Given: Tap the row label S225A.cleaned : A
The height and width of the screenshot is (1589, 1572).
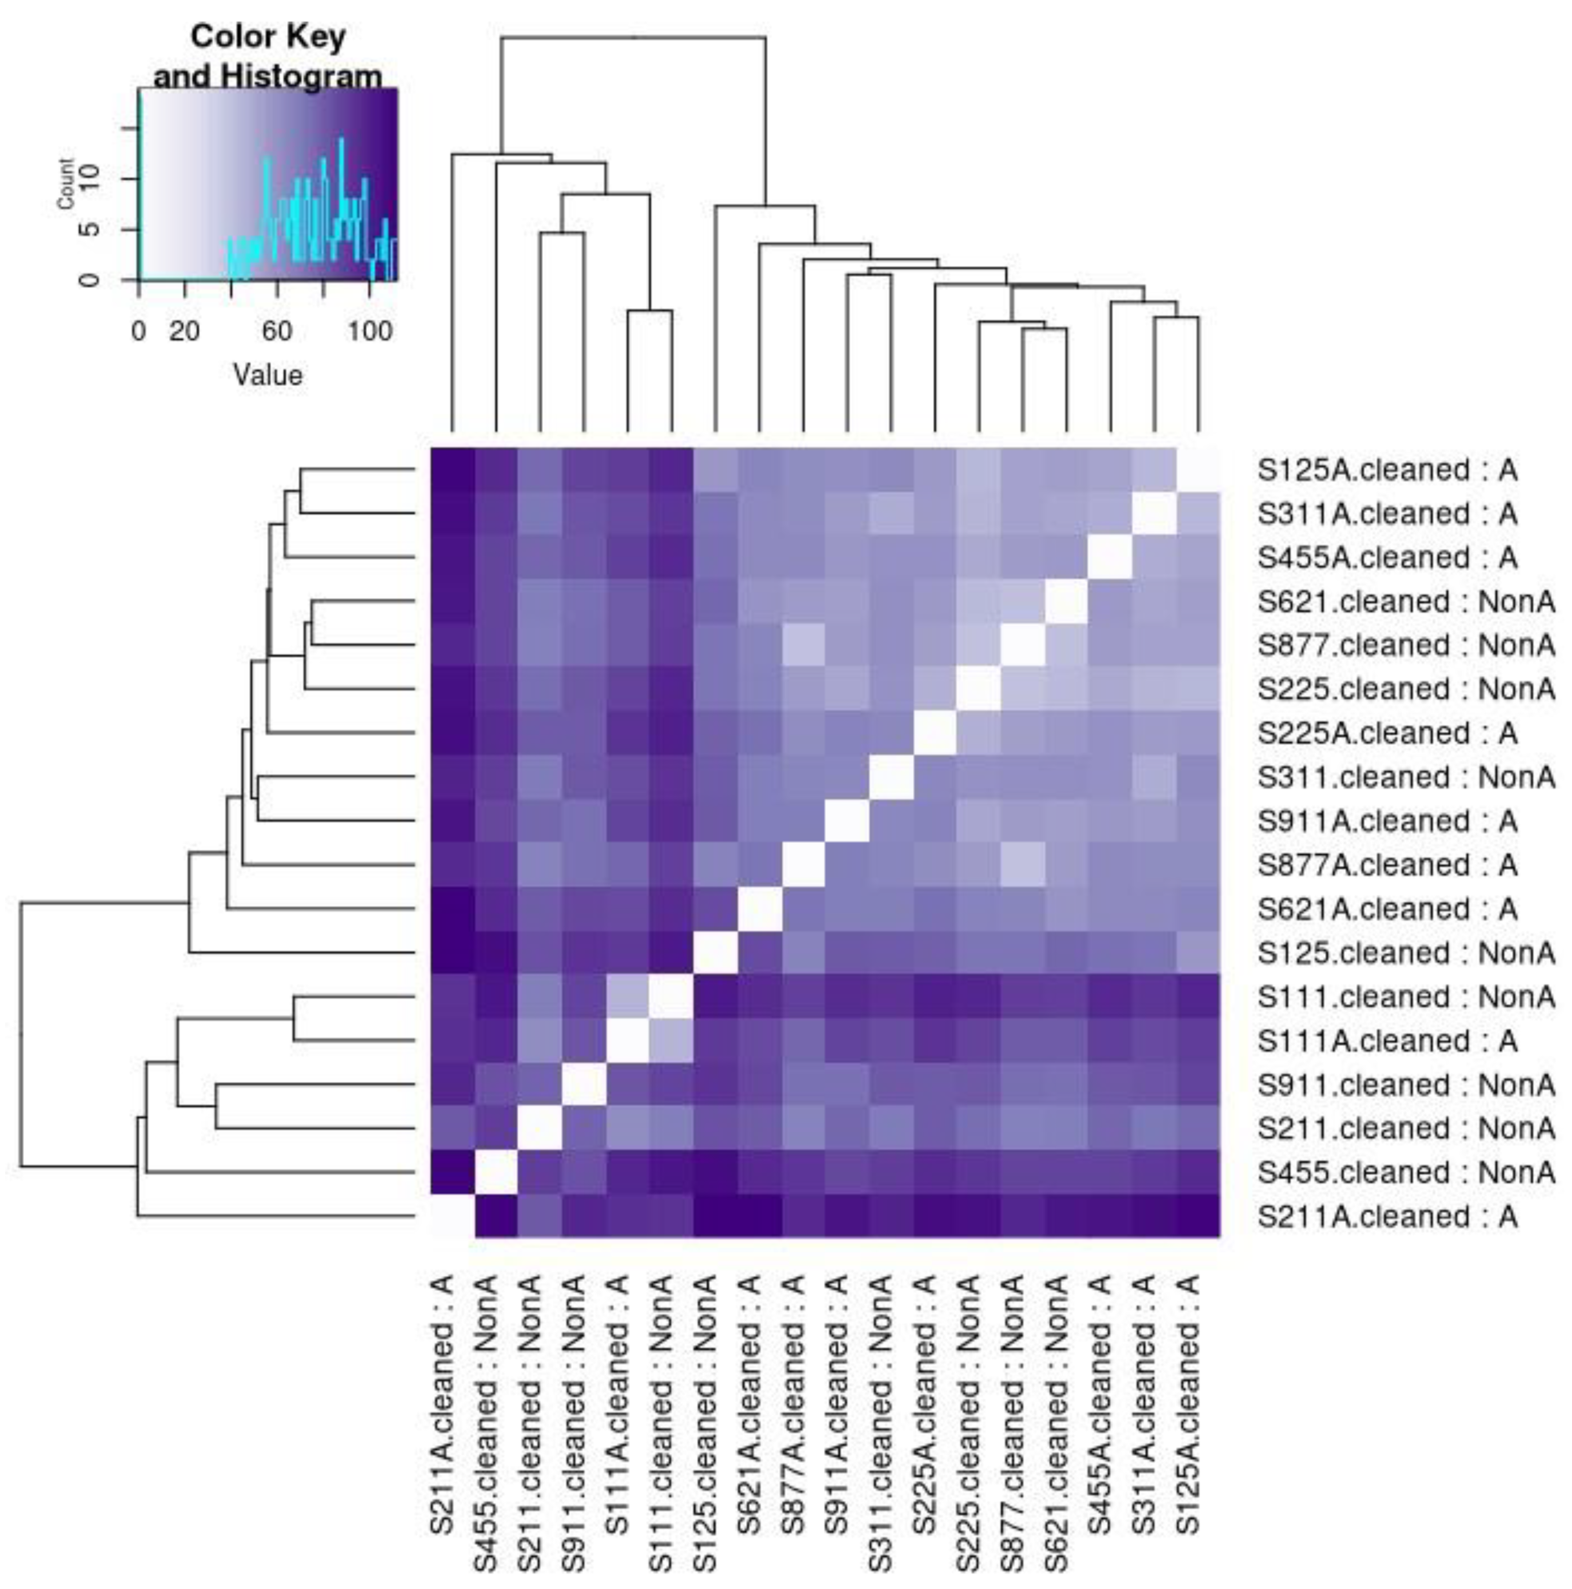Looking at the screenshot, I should [x=1386, y=733].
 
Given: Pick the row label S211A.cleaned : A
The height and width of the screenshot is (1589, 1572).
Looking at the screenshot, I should [x=1386, y=1217].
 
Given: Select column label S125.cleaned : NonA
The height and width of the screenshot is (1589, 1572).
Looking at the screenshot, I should [x=705, y=1423].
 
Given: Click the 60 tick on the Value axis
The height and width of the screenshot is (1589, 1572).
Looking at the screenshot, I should [x=277, y=331].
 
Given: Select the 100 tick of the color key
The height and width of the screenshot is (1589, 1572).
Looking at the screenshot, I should [x=369, y=331].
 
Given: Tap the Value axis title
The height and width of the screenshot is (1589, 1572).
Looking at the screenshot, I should [x=268, y=375].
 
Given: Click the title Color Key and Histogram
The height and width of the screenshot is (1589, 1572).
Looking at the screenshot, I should [x=268, y=56].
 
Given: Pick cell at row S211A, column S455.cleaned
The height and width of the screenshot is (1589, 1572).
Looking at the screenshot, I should [x=497, y=1217].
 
